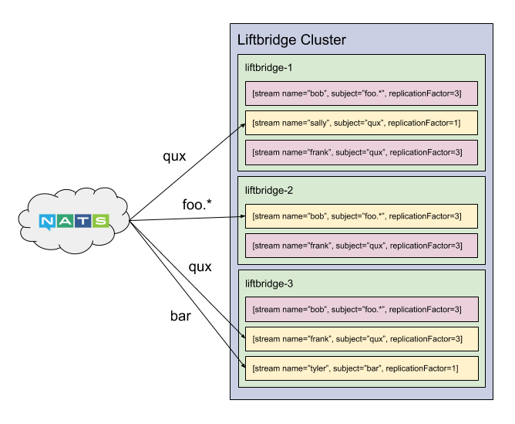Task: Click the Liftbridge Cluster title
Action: tap(291, 40)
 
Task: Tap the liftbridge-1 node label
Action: tap(268, 68)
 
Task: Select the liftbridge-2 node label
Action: tap(268, 191)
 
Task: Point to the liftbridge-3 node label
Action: tap(269, 283)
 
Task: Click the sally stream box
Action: tap(362, 123)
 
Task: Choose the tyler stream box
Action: tap(362, 368)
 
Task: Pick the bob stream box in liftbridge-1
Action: tap(362, 93)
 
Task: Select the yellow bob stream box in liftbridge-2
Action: tap(362, 216)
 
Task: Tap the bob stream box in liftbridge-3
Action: tap(362, 310)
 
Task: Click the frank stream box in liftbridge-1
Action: tap(362, 153)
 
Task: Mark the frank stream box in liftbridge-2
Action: tap(362, 246)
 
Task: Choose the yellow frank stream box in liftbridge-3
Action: tap(362, 339)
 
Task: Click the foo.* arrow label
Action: tap(197, 205)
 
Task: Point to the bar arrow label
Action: tap(180, 316)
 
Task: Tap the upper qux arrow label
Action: tap(174, 157)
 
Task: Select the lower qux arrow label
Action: tap(200, 267)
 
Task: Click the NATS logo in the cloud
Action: tap(74, 222)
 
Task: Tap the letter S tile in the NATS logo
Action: tap(100, 221)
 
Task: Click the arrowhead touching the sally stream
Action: tap(244, 125)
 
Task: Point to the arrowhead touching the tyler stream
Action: tap(244, 366)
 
